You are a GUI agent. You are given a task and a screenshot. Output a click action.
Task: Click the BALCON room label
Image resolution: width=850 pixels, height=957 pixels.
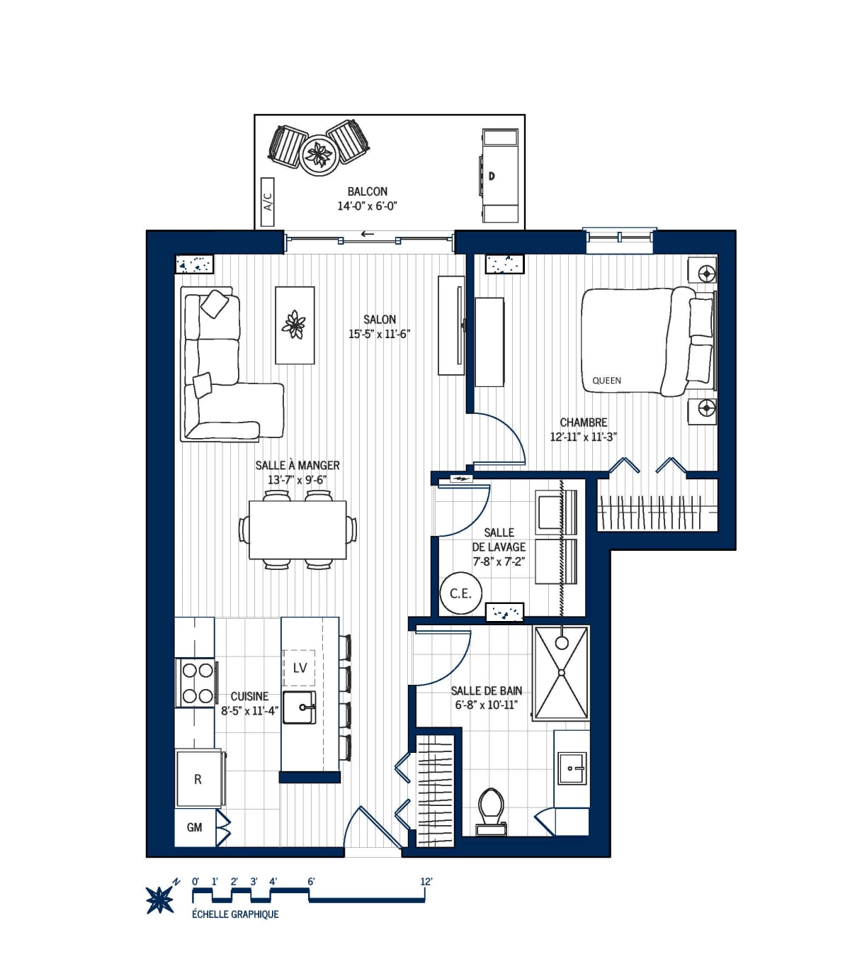(x=367, y=191)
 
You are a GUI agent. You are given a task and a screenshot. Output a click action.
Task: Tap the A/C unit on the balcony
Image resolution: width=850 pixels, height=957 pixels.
(x=268, y=202)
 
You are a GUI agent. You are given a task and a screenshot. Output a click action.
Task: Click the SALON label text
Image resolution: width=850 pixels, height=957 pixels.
(x=380, y=320)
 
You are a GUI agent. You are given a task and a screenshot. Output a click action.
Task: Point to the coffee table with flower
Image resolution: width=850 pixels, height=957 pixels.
(x=295, y=325)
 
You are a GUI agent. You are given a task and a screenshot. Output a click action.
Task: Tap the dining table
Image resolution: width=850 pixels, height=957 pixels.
(x=297, y=530)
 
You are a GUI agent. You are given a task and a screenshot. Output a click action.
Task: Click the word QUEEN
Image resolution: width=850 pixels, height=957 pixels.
(x=606, y=381)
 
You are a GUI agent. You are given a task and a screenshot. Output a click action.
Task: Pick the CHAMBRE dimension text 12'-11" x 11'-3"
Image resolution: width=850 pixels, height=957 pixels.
(x=583, y=437)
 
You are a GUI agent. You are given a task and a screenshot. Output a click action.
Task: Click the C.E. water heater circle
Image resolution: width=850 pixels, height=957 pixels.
(x=460, y=593)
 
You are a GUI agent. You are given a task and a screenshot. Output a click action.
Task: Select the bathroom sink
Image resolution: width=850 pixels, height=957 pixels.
(x=571, y=768)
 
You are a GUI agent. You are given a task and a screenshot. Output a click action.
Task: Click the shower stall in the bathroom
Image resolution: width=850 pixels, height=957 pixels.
(x=561, y=672)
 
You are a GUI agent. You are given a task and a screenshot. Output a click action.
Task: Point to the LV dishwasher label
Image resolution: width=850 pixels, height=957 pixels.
(x=300, y=668)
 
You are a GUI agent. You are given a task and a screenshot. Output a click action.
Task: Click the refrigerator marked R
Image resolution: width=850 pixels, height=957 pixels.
(x=198, y=779)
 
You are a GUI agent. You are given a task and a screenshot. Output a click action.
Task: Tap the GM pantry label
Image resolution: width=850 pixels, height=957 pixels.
(x=195, y=827)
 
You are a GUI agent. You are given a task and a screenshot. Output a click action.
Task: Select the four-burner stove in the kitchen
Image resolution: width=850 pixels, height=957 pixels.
(x=197, y=683)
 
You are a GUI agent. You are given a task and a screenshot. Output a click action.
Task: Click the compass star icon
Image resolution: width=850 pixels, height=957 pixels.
(x=159, y=900)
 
